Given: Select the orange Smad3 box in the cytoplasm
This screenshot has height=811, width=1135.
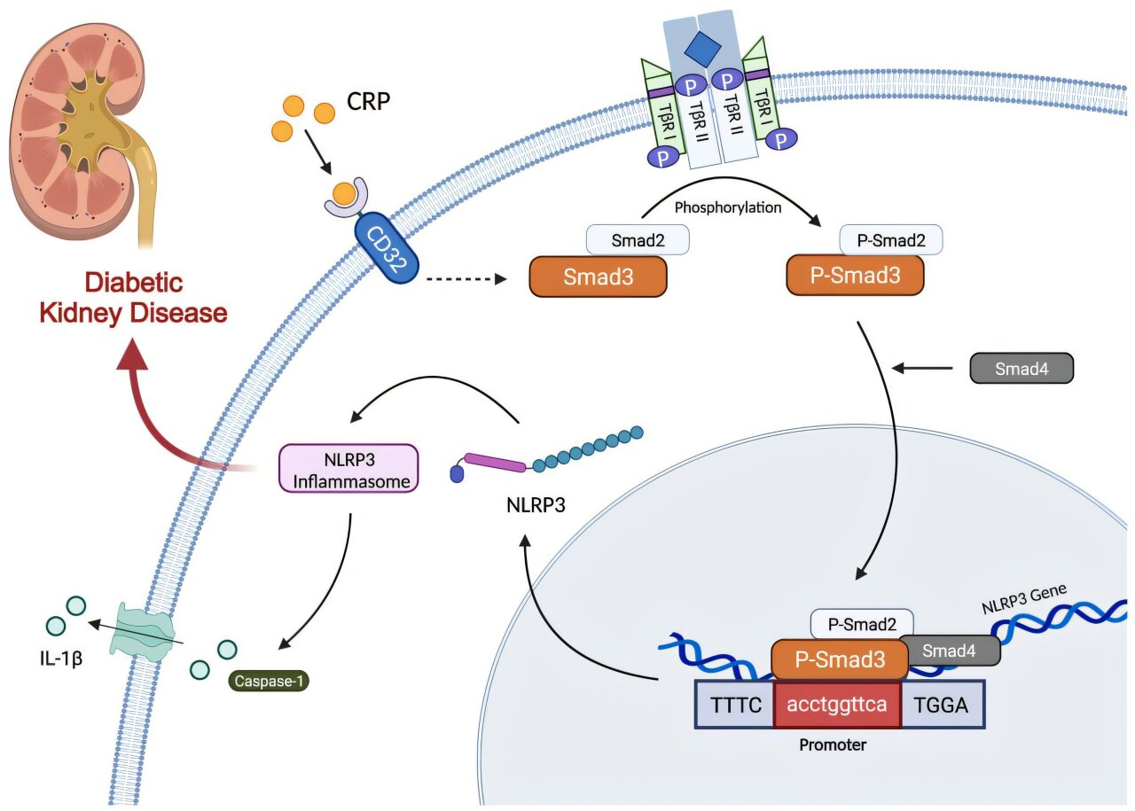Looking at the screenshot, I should pos(598,277).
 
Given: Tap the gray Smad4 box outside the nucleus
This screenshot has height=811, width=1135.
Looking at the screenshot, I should pos(1021,368).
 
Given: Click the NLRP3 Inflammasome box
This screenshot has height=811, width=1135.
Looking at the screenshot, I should pos(348,467).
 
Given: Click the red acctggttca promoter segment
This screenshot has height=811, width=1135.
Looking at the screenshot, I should pos(837,705).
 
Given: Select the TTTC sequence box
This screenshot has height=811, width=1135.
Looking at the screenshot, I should pos(735,705).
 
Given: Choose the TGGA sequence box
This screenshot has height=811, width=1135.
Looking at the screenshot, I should pos(942,705).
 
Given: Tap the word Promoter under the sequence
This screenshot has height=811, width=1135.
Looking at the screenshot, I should pos(833,745).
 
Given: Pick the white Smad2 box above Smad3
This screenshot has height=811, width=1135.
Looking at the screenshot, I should pos(638,239).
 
